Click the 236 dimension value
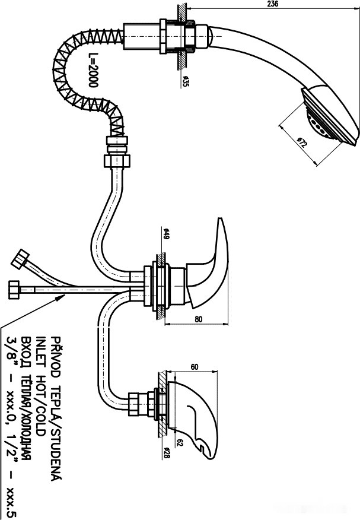tap(272, 4)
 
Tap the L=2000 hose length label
tap(93, 70)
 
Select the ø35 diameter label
tap(185, 81)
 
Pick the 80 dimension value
tap(197, 319)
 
